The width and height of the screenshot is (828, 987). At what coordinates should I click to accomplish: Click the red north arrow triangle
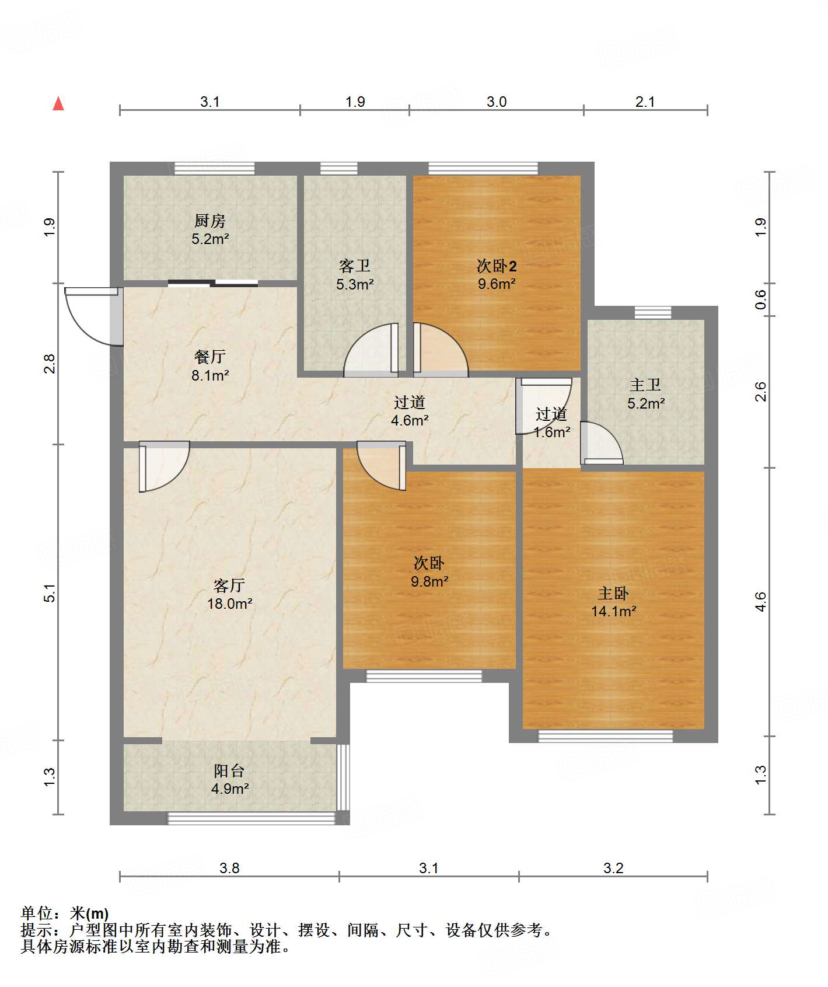point(58,103)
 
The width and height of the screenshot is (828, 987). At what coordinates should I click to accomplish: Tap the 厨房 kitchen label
point(209,221)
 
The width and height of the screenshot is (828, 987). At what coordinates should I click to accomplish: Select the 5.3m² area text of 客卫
point(355,284)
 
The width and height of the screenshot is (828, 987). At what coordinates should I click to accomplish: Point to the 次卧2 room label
point(497,266)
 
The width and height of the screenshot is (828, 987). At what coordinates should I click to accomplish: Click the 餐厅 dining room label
point(210,357)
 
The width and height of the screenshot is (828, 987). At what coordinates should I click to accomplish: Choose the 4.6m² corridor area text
point(410,420)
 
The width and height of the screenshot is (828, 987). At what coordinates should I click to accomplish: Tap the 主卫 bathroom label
point(645,385)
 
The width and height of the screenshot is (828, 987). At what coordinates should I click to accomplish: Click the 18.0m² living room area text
point(230,604)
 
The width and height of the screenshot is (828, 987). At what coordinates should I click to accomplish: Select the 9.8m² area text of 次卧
point(429,581)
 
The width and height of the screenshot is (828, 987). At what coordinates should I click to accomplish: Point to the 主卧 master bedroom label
point(613,594)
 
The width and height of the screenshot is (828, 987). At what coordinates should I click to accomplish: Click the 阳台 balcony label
point(229,771)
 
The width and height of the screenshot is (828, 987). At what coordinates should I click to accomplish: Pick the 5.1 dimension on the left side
point(50,593)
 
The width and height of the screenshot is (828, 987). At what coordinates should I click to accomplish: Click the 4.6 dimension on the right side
point(761,602)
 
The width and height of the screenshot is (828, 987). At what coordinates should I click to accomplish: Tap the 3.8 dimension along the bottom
point(229,868)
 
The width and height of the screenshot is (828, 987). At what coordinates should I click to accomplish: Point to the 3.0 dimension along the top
point(497,102)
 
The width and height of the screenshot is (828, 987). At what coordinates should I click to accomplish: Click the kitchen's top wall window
point(215,168)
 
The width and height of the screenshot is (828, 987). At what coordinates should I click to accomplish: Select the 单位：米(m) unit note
point(65,913)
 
